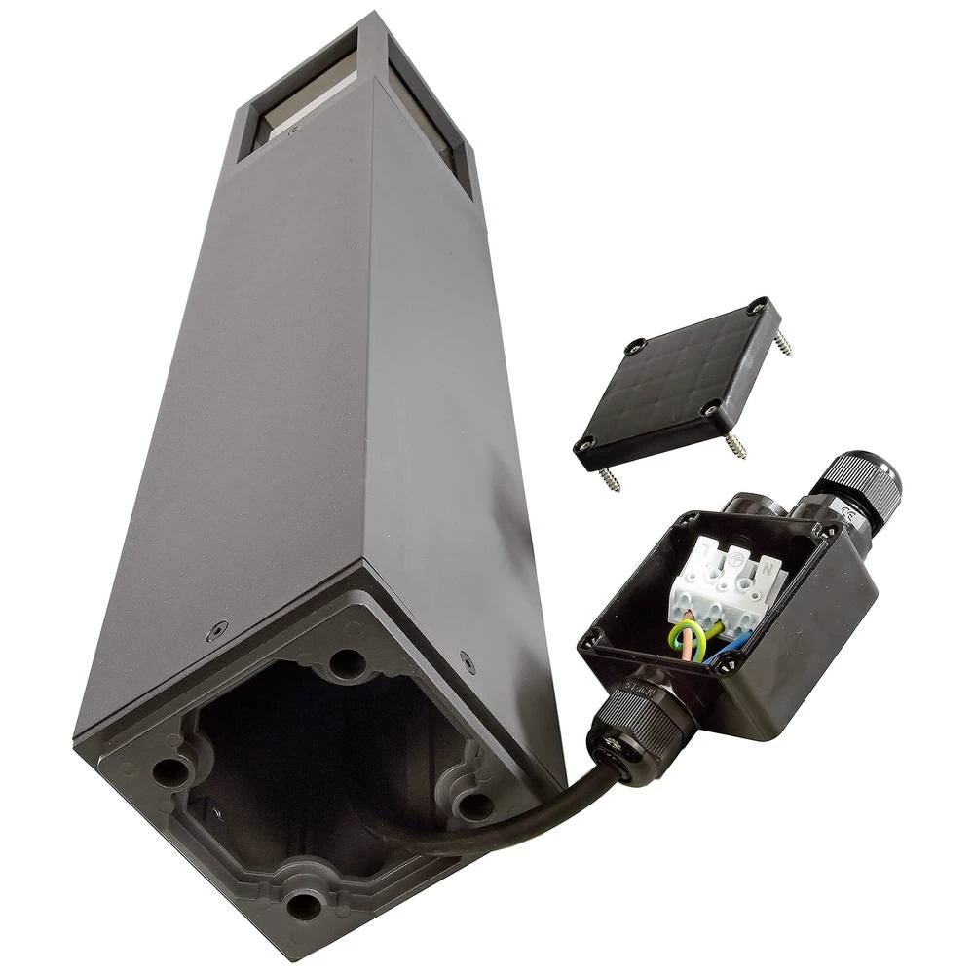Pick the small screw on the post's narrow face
coord(469,665)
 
